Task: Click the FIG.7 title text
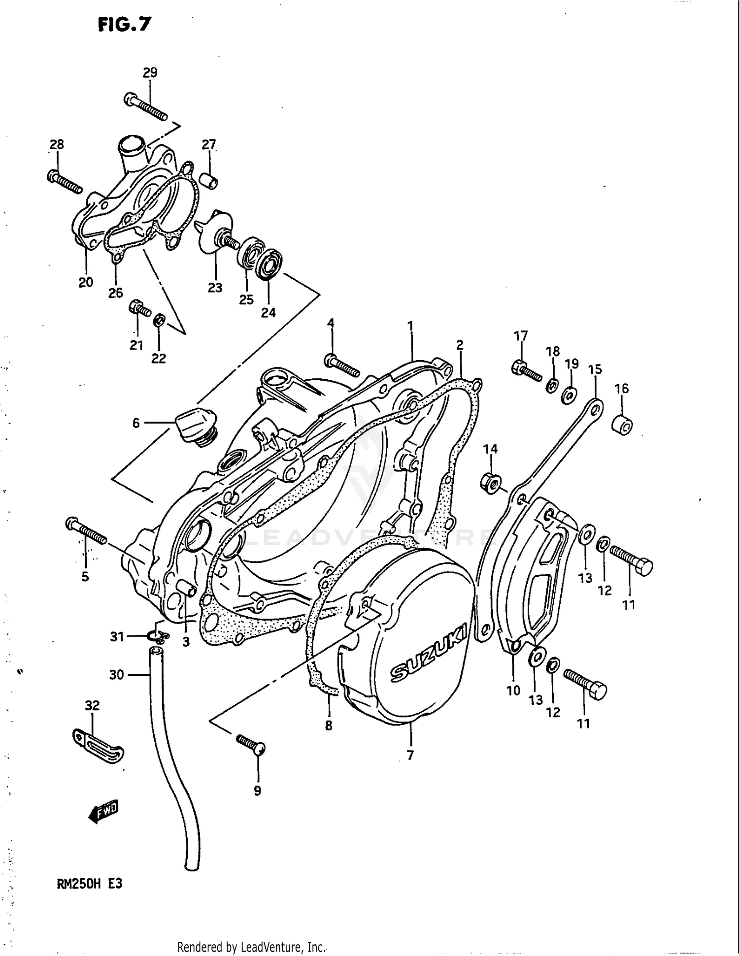(125, 24)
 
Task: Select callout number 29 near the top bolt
(150, 72)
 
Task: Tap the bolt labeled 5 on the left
(86, 531)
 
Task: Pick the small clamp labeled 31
(158, 637)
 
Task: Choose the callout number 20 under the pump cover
(86, 283)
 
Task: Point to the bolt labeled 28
(65, 182)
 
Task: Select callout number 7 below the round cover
(410, 755)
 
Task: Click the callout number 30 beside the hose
(116, 675)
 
